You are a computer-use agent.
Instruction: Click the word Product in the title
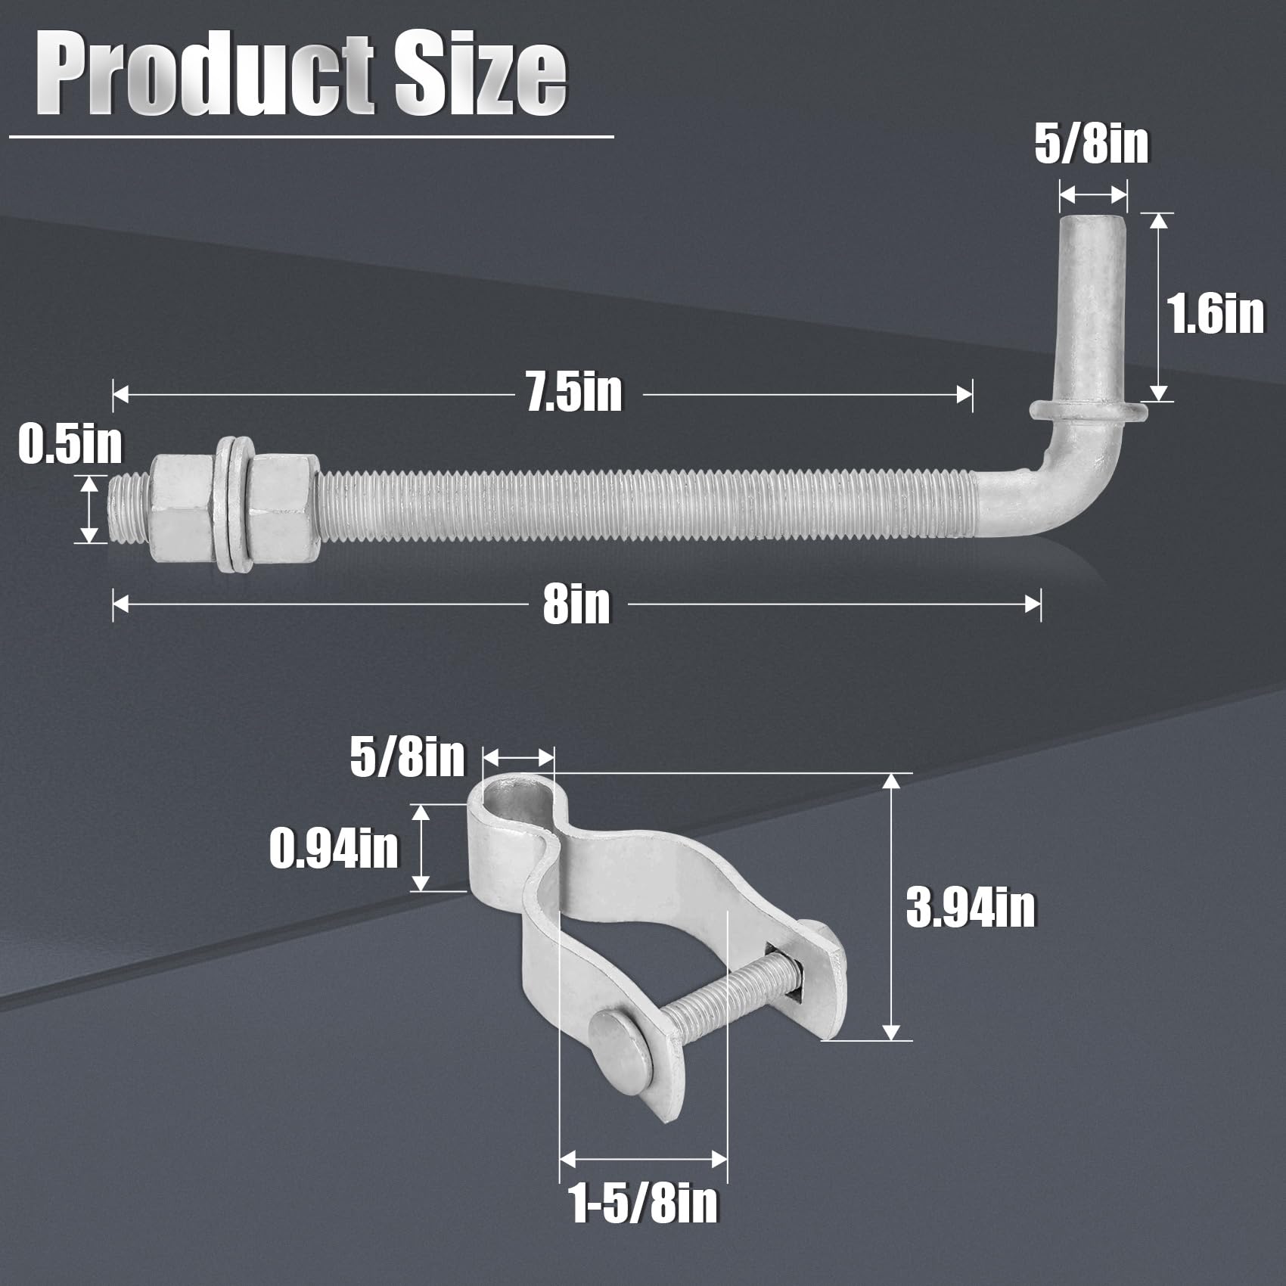pos(205,75)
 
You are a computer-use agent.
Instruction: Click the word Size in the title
pos(480,75)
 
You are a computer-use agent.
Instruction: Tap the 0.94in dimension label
pos(334,848)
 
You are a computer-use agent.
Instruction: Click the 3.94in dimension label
pos(971,908)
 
